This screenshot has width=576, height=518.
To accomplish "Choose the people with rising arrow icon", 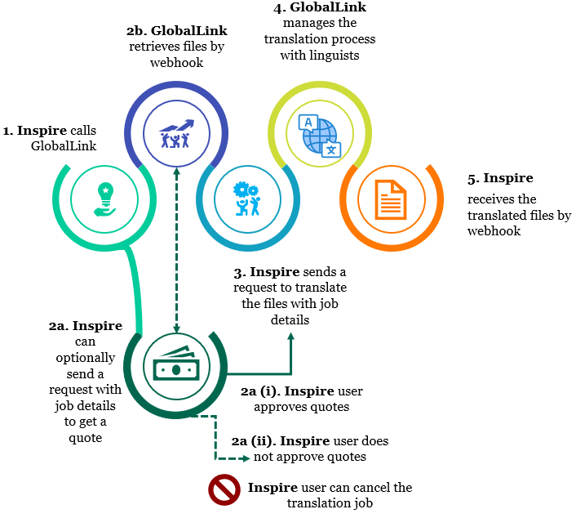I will (x=175, y=134).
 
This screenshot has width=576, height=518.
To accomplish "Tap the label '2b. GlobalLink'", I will (x=176, y=31).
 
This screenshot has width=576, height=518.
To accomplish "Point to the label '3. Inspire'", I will (x=266, y=271).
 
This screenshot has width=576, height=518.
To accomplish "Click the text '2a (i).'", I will (x=260, y=391).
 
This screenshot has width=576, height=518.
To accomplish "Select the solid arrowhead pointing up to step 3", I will (x=292, y=336).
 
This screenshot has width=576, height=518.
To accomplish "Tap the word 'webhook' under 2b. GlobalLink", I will (x=175, y=62).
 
